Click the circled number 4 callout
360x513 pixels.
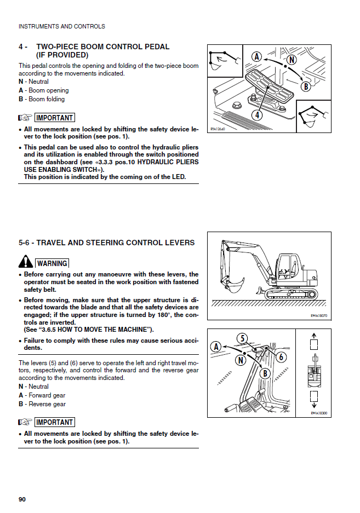[x=256, y=115]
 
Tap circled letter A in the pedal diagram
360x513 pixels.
[x=256, y=56]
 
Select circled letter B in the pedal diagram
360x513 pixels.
[x=306, y=86]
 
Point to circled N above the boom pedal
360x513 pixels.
[x=291, y=60]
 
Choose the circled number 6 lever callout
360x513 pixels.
[x=281, y=357]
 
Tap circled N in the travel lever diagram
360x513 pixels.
[x=241, y=360]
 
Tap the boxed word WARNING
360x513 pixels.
[x=52, y=263]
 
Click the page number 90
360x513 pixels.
[x=22, y=499]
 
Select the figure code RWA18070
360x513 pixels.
[x=318, y=315]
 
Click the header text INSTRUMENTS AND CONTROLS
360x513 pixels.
[x=61, y=26]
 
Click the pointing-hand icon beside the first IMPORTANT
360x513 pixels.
[x=25, y=118]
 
